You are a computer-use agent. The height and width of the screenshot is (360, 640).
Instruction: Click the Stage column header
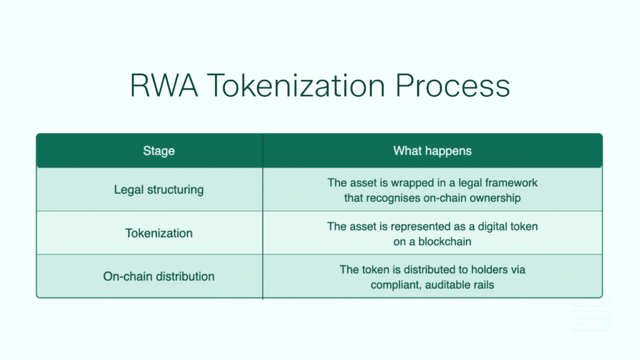159,151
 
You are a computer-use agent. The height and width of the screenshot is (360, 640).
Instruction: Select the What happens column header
432,151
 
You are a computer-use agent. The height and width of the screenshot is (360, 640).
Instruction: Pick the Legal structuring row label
159,189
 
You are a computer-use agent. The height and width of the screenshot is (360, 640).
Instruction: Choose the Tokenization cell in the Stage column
159,233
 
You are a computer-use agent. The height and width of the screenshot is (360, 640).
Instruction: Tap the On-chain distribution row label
159,276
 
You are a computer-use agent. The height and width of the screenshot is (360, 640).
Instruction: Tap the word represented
421,226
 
